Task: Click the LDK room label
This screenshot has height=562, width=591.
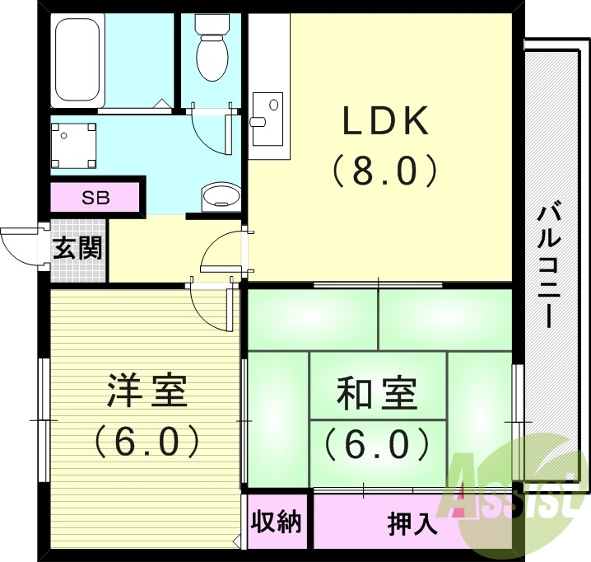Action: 386,122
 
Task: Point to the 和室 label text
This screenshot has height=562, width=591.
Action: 376,394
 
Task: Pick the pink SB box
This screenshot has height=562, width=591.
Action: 94,198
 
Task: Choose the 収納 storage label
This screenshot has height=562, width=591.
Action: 277,522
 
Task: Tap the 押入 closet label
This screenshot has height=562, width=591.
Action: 412,523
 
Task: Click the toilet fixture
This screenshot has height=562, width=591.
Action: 212,47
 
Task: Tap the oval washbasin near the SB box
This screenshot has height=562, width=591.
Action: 220,196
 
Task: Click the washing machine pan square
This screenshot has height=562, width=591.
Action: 74,144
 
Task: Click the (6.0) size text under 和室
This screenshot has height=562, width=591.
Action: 376,444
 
